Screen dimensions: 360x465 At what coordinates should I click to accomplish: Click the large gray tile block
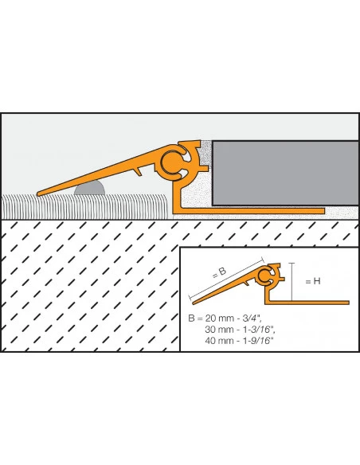point(285,173)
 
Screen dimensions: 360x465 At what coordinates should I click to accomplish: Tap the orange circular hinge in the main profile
point(171,162)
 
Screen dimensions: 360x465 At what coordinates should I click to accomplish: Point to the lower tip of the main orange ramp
point(38,194)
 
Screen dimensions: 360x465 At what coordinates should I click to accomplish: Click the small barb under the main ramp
point(138,171)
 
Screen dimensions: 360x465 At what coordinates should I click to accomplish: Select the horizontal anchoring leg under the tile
point(248,211)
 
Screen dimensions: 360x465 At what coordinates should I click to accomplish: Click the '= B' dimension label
point(220,272)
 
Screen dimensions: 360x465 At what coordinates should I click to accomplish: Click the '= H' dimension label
point(313,281)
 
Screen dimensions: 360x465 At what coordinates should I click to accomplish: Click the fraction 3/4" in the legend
point(252,318)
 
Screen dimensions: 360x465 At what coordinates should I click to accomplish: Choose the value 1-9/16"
point(258,341)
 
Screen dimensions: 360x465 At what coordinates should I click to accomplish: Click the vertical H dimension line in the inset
point(292,282)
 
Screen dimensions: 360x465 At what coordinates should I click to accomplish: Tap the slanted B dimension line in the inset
point(226,278)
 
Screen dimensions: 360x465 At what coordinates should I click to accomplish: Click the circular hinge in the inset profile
point(263,275)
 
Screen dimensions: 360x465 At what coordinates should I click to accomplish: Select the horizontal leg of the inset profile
point(307,303)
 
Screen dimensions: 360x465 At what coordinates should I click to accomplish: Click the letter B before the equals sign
point(191,318)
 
